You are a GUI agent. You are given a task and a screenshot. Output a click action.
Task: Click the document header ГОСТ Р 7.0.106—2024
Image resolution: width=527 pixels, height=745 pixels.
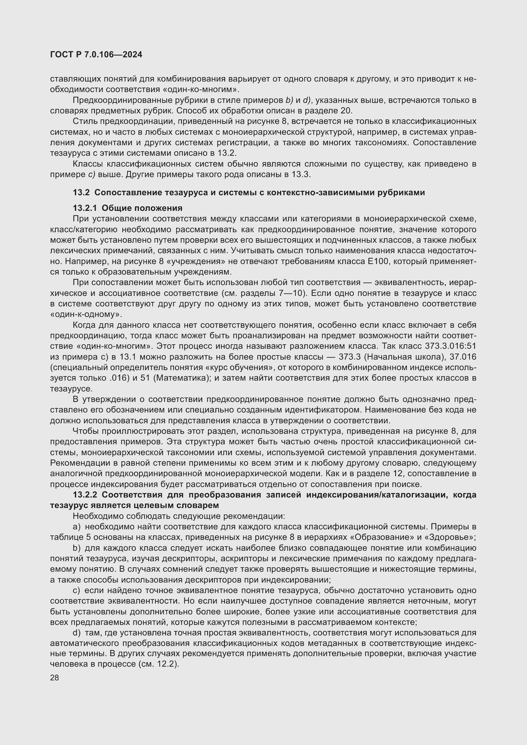pyautogui.click(x=96, y=54)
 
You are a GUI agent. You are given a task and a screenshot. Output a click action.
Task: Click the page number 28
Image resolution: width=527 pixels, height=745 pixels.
pyautogui.click(x=54, y=677)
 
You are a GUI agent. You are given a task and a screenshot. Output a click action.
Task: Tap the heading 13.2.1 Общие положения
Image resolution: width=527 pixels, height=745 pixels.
pyautogui.click(x=127, y=208)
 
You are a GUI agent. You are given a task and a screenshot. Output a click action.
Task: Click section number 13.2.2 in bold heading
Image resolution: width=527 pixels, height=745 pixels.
pyautogui.click(x=85, y=495)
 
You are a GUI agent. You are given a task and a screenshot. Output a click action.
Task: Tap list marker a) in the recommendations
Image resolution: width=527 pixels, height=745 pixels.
pyautogui.click(x=76, y=527)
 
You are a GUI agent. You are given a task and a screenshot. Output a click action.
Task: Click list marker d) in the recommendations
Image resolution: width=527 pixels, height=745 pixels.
pyautogui.click(x=76, y=633)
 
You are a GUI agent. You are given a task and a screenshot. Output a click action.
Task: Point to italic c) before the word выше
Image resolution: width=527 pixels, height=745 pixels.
pyautogui.click(x=91, y=175)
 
